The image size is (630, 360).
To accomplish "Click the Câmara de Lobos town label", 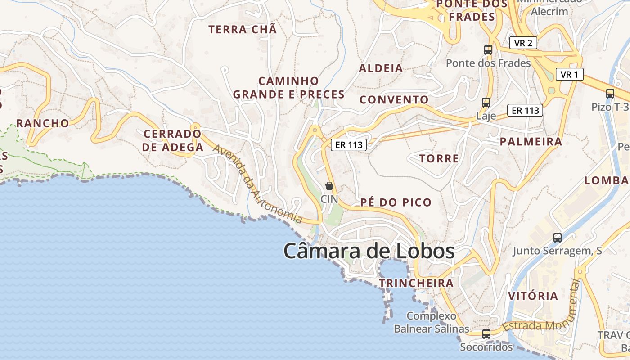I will tap(369, 251).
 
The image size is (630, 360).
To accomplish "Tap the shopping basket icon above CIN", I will tap(329, 186).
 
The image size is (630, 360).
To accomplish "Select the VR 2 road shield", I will tap(523, 43).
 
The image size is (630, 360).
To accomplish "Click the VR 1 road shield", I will tap(569, 74).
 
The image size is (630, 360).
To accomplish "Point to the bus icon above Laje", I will tap(486, 103).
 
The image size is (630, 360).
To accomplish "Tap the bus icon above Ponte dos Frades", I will tap(488, 50).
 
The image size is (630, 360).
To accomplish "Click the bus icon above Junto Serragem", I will tap(558, 238).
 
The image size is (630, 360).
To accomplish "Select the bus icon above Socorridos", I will tap(486, 334).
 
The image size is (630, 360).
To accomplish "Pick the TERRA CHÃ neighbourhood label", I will tap(243, 30).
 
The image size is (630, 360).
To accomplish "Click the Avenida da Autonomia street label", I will tap(257, 184).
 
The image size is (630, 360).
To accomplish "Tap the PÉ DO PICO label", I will tap(396, 202).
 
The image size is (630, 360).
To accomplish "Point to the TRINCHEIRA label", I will tap(416, 283).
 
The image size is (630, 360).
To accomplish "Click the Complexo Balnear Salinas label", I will tap(431, 322).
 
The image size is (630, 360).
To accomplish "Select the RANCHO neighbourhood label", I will tap(43, 123).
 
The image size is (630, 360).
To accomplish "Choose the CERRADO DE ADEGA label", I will tap(173, 140).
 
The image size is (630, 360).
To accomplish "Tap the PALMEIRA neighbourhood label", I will tap(531, 142).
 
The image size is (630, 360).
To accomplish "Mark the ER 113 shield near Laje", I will tap(525, 110).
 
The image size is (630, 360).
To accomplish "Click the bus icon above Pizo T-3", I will tap(610, 94).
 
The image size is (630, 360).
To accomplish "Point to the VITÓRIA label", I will tap(533, 296).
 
